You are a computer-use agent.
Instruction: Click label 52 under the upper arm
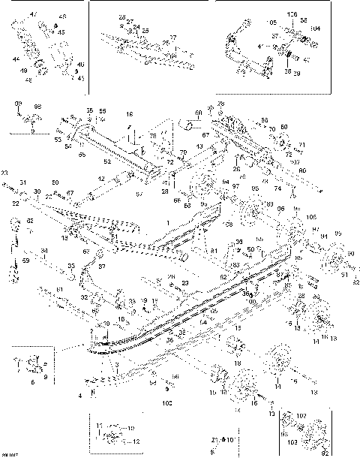click(106, 161)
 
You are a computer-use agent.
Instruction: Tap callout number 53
click(57, 140)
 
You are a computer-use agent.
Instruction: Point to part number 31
click(23, 183)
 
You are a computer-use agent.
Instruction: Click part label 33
click(70, 266)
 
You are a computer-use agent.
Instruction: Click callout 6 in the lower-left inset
click(31, 382)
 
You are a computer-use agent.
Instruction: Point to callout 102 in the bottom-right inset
click(301, 415)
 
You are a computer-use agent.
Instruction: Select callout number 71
click(302, 144)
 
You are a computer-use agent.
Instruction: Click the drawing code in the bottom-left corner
click(10, 453)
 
